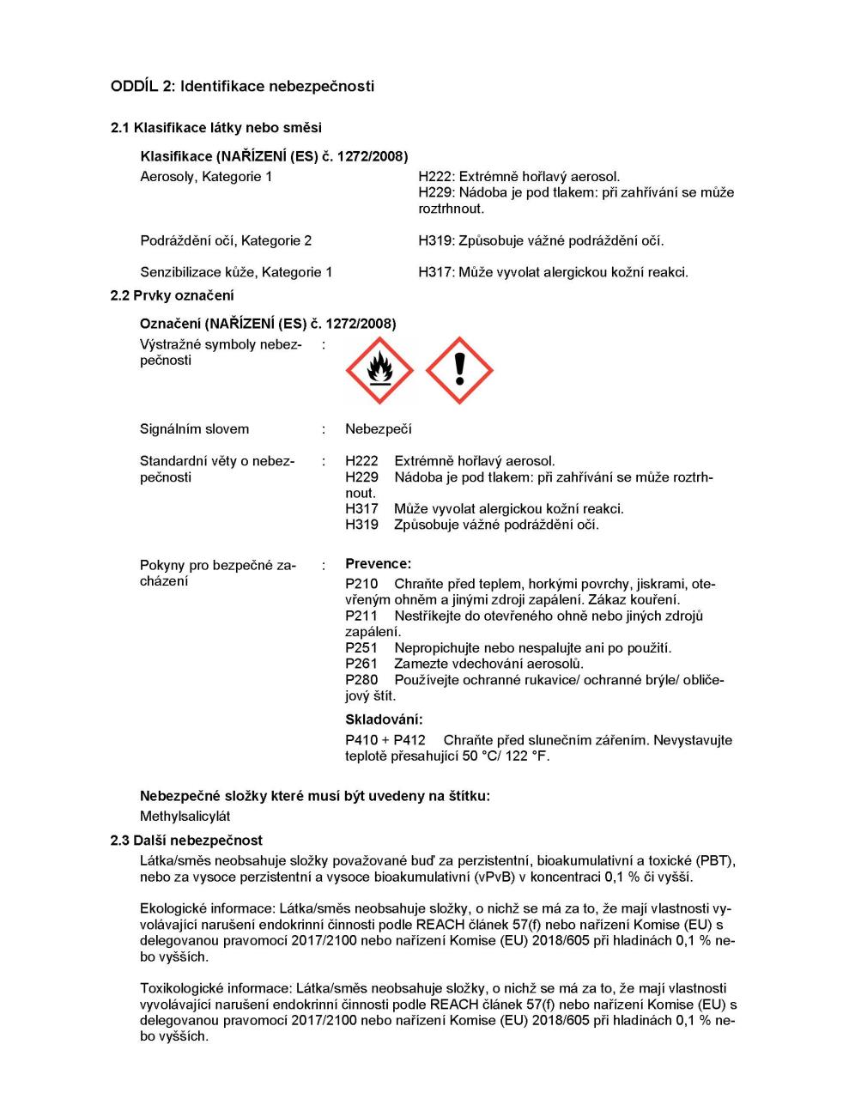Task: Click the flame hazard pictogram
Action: pyautogui.click(x=379, y=371)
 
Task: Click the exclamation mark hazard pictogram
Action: pyautogui.click(x=459, y=371)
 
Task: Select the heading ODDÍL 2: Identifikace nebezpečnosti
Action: pyautogui.click(x=242, y=86)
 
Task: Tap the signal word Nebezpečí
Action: pyautogui.click(x=378, y=429)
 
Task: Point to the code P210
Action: pyautogui.click(x=361, y=584)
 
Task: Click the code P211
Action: pyautogui.click(x=361, y=616)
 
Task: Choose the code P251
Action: pyautogui.click(x=361, y=648)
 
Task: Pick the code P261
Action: pyautogui.click(x=361, y=664)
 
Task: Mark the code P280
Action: pyautogui.click(x=361, y=680)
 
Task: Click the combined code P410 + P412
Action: pyautogui.click(x=385, y=740)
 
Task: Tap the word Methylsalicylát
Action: pyautogui.click(x=185, y=817)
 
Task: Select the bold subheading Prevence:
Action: pyautogui.click(x=378, y=564)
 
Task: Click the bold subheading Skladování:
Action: pyautogui.click(x=384, y=720)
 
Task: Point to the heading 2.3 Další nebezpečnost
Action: pyautogui.click(x=186, y=841)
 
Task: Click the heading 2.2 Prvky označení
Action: pyautogui.click(x=172, y=295)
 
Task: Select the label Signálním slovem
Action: pyautogui.click(x=194, y=429)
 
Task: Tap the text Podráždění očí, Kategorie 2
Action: pyautogui.click(x=226, y=240)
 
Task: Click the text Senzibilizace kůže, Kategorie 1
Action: pyautogui.click(x=236, y=272)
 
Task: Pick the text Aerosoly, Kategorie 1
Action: pyautogui.click(x=206, y=177)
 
